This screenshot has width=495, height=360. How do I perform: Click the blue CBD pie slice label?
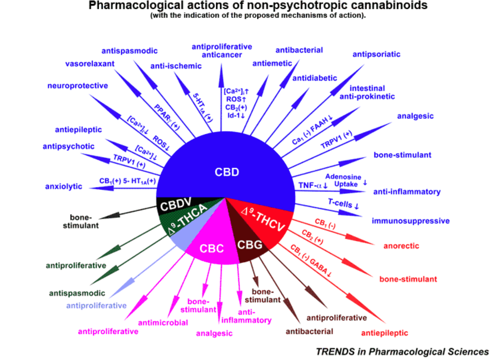[227, 172]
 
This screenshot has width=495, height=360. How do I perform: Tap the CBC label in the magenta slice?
[211, 249]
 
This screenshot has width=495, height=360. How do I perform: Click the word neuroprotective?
[78, 85]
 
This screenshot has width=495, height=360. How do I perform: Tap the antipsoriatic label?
[376, 54]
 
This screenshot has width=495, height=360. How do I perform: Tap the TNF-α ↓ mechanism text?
[313, 185]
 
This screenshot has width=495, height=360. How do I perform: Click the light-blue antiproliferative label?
[97, 306]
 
